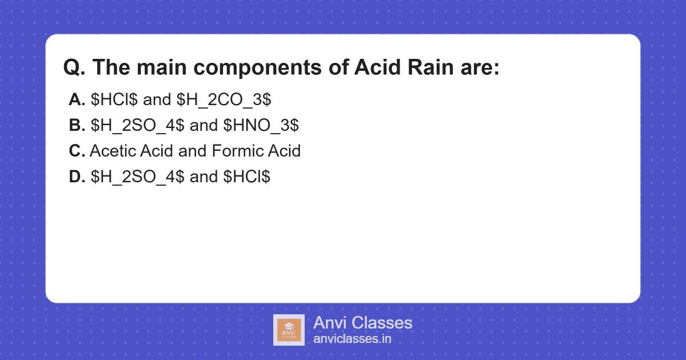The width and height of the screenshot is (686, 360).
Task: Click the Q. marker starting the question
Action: pos(74,68)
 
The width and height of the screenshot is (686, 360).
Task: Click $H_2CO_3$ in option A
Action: pos(224,100)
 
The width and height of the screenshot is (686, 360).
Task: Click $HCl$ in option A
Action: pos(114,100)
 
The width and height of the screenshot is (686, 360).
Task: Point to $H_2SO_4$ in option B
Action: pos(137,126)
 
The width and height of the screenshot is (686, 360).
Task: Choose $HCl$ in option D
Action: pos(247,177)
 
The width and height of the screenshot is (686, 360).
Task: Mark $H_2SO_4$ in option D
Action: pos(137,177)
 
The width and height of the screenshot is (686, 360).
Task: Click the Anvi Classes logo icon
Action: pos(289,330)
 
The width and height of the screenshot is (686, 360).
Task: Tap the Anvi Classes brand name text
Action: pos(362,323)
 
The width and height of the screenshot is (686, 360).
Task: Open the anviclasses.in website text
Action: pos(352,339)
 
